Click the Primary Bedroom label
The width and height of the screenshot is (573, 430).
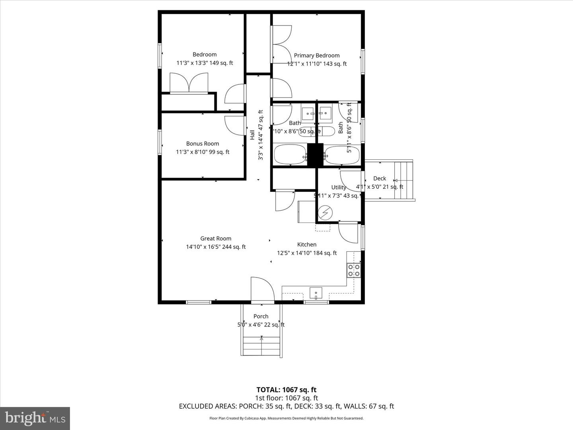point(317,55)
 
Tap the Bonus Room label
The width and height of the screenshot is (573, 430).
point(203,143)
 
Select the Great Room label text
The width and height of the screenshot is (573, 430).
point(216,238)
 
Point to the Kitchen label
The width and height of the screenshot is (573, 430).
point(307,244)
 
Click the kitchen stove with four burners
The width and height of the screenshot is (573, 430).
point(354,270)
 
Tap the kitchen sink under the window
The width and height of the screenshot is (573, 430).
point(316,293)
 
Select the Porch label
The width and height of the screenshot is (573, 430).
point(261,316)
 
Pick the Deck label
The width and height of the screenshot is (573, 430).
point(380,178)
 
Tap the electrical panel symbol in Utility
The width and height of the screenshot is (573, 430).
point(325,212)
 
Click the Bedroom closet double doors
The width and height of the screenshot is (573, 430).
point(189,83)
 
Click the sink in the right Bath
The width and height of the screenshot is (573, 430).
point(325,114)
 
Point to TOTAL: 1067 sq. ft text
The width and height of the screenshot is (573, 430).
point(286,390)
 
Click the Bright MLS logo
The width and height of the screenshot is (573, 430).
point(35,418)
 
